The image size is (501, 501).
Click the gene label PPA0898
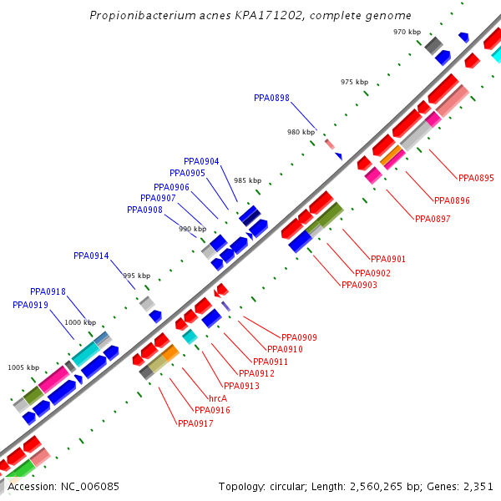point(271,98)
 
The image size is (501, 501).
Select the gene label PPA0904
point(201,161)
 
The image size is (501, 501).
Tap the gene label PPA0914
point(91,256)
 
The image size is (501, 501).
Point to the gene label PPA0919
point(30,305)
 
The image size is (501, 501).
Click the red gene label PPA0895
point(476,178)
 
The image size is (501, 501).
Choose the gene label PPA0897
point(433,219)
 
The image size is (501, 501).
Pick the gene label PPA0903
point(359,285)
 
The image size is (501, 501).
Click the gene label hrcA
point(218,398)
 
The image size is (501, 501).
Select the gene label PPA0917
point(195,423)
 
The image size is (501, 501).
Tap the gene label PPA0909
point(299,337)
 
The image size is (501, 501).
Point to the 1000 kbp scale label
point(80,322)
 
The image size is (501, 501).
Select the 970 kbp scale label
point(407,32)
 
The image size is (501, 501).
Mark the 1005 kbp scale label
point(23,367)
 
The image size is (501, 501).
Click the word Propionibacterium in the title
point(139,16)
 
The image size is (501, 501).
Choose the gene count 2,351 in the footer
point(477,486)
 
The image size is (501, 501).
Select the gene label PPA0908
point(144,210)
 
